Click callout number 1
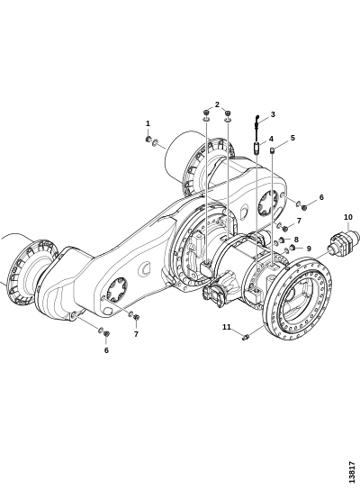click(148, 123)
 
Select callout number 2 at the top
click(217, 104)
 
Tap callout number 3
click(273, 114)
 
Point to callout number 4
click(271, 139)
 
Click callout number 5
click(292, 138)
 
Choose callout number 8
click(296, 240)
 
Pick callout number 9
click(309, 249)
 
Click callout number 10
click(348, 217)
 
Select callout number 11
click(227, 327)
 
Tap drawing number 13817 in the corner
click(352, 472)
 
